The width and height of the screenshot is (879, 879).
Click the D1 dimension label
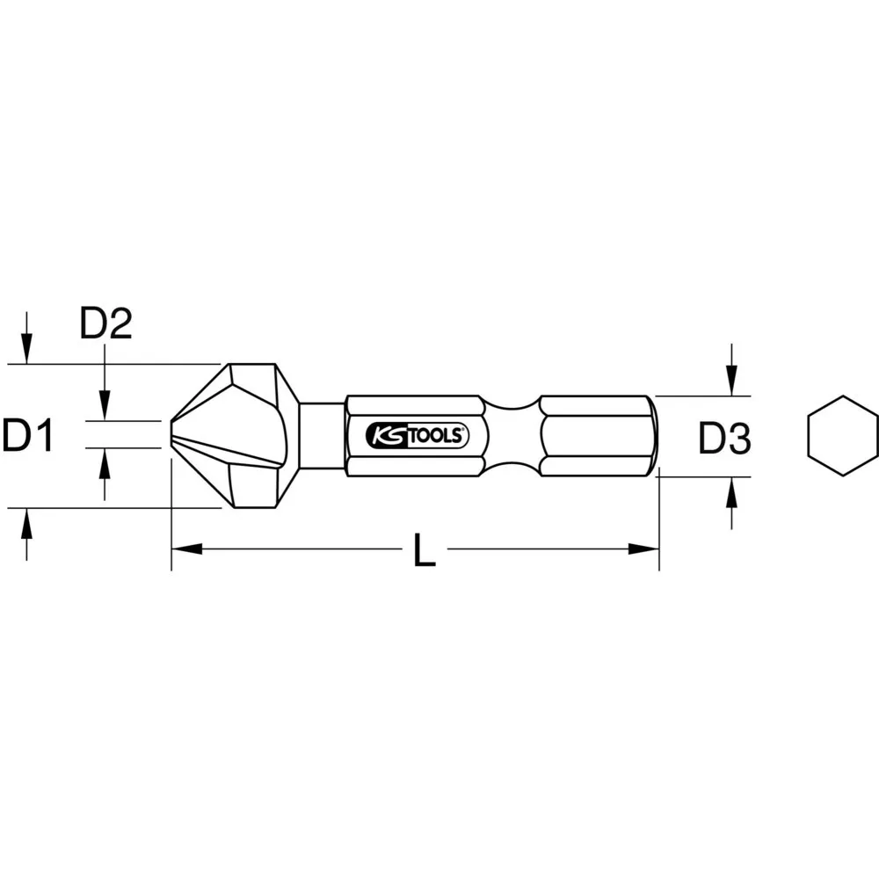click(x=29, y=436)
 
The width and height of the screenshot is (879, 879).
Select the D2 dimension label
click(x=105, y=324)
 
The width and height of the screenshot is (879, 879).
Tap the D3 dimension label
click(x=724, y=438)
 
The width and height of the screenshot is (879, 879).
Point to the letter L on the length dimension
click(x=425, y=550)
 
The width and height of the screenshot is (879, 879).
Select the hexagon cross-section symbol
click(x=842, y=436)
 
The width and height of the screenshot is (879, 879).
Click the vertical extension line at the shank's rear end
click(x=658, y=527)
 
